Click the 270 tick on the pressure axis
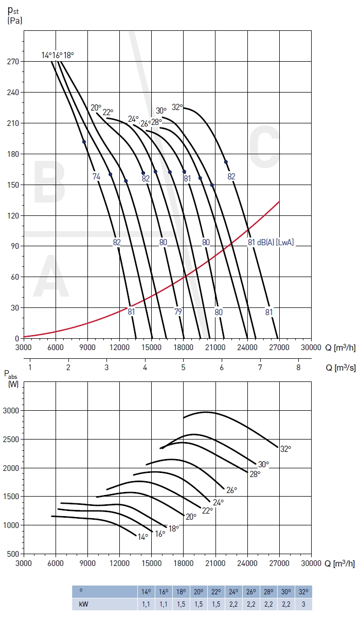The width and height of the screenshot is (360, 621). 13,61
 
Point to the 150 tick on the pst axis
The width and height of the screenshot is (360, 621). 13,185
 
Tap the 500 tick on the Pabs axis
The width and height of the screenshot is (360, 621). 12,554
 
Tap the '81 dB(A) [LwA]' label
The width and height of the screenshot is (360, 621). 271,242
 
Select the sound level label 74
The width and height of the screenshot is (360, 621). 96,177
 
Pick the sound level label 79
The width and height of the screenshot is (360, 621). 178,312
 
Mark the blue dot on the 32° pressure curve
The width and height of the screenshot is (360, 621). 226,162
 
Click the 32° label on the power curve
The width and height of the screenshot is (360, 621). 285,448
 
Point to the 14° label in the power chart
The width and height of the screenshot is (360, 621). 143,536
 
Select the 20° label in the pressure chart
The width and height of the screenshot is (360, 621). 96,107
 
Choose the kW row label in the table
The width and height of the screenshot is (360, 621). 82,604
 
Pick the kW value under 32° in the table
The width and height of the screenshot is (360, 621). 303,604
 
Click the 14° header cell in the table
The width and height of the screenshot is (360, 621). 147,592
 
